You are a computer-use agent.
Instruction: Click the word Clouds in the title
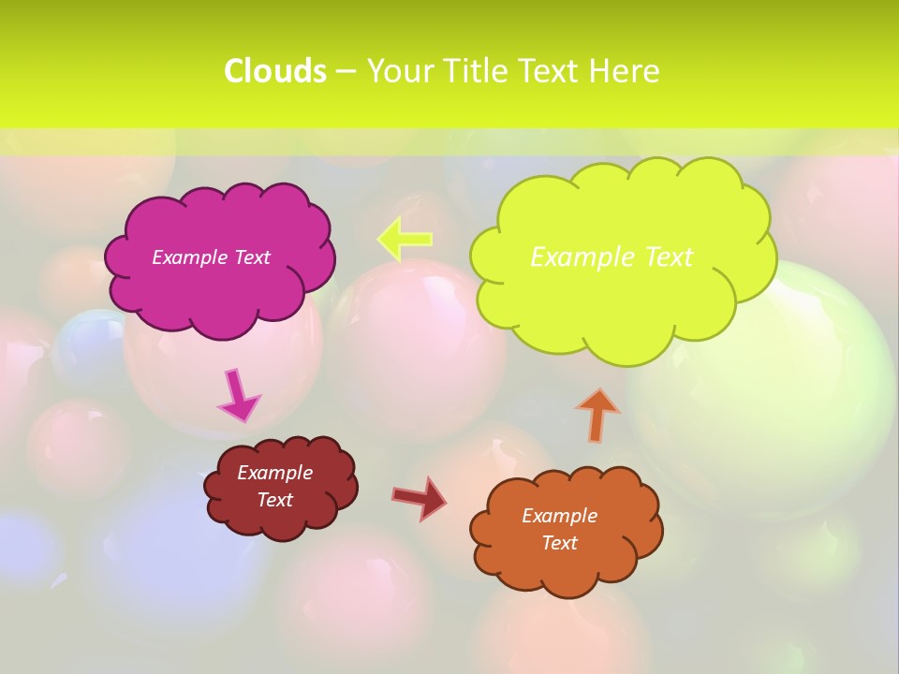(275, 71)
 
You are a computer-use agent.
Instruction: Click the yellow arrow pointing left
(404, 239)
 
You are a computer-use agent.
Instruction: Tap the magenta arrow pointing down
(238, 396)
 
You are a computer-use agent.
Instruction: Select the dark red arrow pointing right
(420, 498)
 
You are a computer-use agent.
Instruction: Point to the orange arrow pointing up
(597, 415)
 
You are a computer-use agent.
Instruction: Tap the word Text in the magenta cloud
(252, 257)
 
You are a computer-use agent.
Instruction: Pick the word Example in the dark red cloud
(274, 473)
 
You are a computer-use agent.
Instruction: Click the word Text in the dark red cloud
(274, 500)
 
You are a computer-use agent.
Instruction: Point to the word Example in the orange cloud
(559, 516)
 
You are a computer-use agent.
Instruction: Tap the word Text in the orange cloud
(559, 543)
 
